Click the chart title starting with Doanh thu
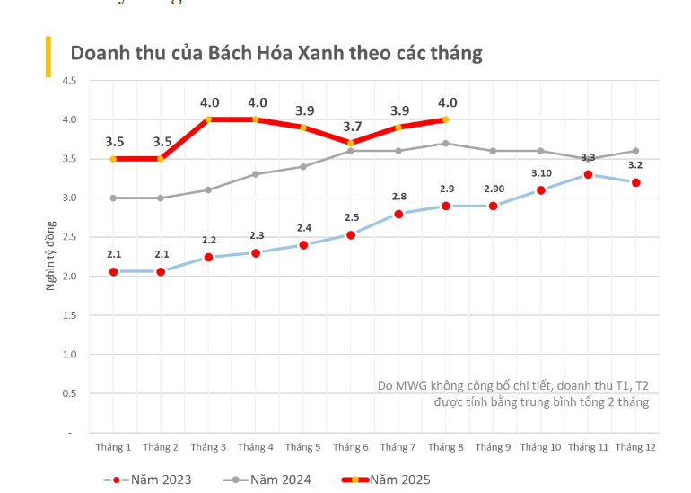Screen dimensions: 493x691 click(276, 53)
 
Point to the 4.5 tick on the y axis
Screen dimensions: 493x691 click(69, 81)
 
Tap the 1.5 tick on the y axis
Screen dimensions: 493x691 click(69, 315)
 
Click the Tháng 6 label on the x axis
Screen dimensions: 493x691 click(351, 447)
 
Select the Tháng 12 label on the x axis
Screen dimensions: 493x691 click(636, 447)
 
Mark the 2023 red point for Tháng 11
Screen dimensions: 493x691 click(589, 174)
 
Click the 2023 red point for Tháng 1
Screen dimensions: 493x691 click(114, 271)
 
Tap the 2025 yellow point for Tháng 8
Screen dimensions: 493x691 click(446, 119)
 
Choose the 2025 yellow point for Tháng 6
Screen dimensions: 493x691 click(351, 143)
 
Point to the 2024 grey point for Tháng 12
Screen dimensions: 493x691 click(636, 151)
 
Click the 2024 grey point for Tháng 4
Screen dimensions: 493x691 click(256, 174)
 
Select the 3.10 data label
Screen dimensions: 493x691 click(541, 172)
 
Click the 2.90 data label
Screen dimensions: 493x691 click(494, 189)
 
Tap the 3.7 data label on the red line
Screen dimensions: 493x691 click(352, 127)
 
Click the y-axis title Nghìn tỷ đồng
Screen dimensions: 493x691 click(51, 256)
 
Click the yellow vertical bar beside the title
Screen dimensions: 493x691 click(48, 57)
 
